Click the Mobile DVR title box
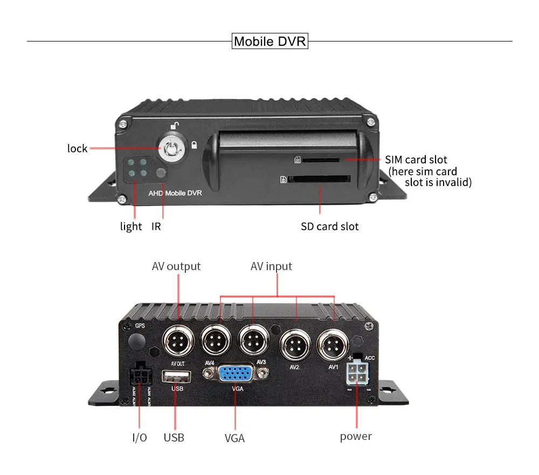point(269,41)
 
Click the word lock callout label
point(77,148)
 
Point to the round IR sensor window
point(160,174)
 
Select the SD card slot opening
point(319,179)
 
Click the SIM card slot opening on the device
point(321,160)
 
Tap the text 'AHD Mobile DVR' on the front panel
point(175,193)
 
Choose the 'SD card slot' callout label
point(329,226)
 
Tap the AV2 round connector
point(295,345)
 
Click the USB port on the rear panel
point(176,376)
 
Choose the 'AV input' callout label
point(271,266)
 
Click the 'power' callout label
point(356,436)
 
